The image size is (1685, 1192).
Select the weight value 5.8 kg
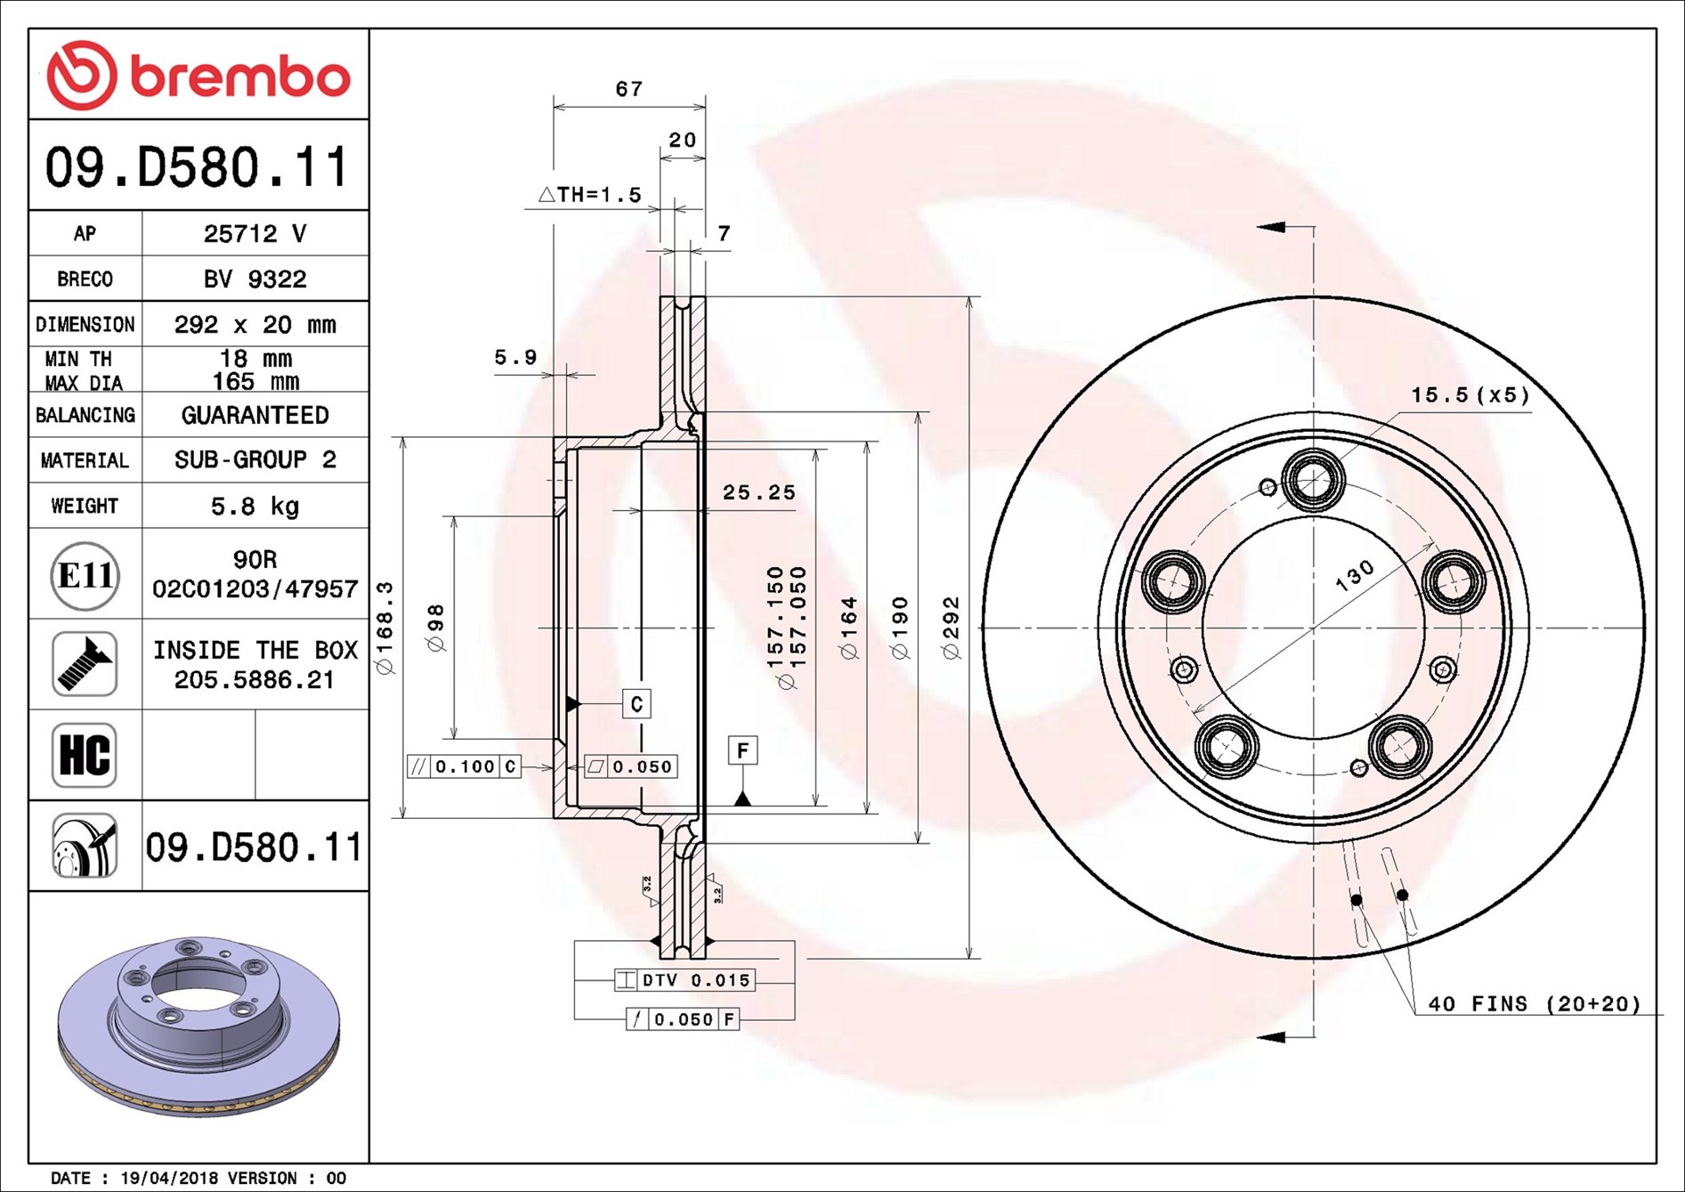tap(255, 507)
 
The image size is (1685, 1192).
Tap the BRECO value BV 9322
tap(255, 280)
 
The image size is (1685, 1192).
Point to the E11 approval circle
tap(85, 575)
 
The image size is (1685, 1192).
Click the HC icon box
tap(85, 755)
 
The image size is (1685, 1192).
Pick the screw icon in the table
tap(85, 664)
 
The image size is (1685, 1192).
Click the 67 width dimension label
tap(629, 89)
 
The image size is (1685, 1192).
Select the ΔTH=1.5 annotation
tap(590, 194)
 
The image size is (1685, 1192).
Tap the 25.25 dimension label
tap(759, 492)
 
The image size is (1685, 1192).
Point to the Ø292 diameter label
tap(952, 628)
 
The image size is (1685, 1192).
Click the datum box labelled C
tap(636, 704)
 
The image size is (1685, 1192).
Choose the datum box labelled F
tap(742, 750)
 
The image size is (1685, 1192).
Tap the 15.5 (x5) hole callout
tap(1470, 394)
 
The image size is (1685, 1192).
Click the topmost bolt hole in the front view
tap(1313, 481)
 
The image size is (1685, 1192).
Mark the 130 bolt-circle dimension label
tap(1355, 576)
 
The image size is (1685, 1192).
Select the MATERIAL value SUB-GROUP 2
tap(255, 460)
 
